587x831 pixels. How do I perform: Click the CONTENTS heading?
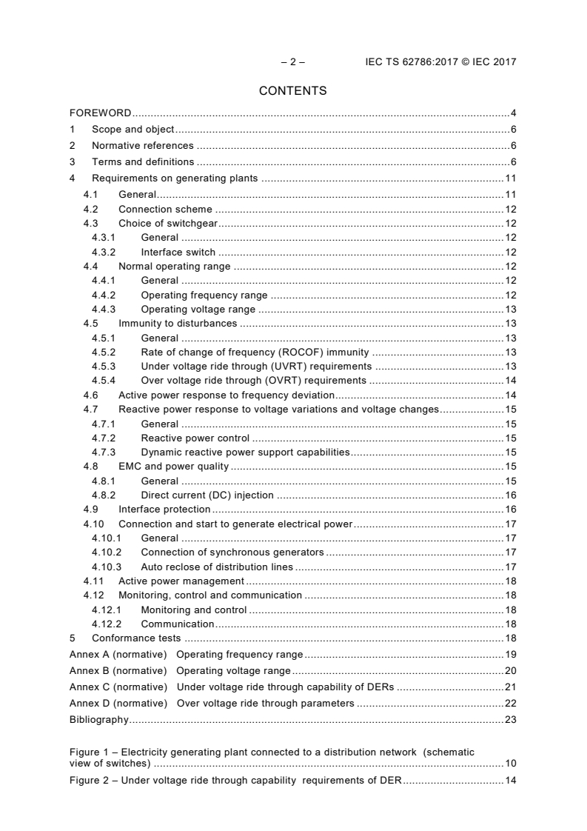292,91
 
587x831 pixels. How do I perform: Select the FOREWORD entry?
100,113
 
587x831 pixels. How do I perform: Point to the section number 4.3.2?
104,252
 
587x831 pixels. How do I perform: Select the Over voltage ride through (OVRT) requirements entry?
253,381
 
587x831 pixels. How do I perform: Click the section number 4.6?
90,395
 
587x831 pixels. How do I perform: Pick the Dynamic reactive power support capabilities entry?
245,453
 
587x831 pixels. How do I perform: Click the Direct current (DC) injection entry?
207,495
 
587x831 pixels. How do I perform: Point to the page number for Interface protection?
510,510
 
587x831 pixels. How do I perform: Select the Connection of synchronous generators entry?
232,553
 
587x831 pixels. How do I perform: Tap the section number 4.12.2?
107,624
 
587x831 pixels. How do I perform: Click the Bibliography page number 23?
510,719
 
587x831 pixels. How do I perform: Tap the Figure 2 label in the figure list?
90,780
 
